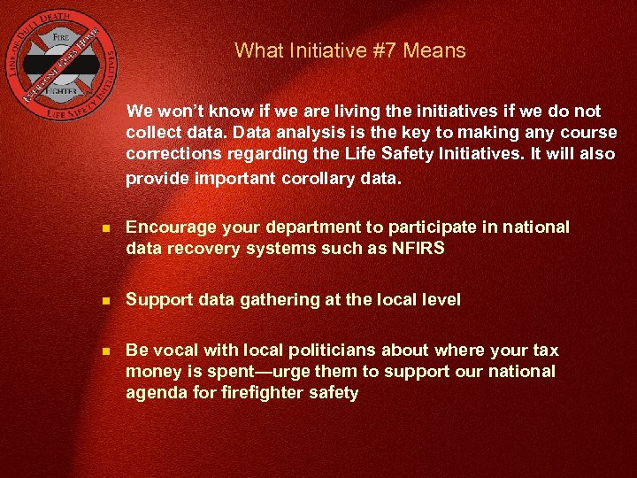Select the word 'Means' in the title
tap(434, 50)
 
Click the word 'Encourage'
tap(167, 227)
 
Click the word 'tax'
tap(546, 350)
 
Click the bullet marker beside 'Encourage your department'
tap(106, 228)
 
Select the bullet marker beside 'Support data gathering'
tap(106, 300)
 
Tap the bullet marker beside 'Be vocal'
tap(106, 351)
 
